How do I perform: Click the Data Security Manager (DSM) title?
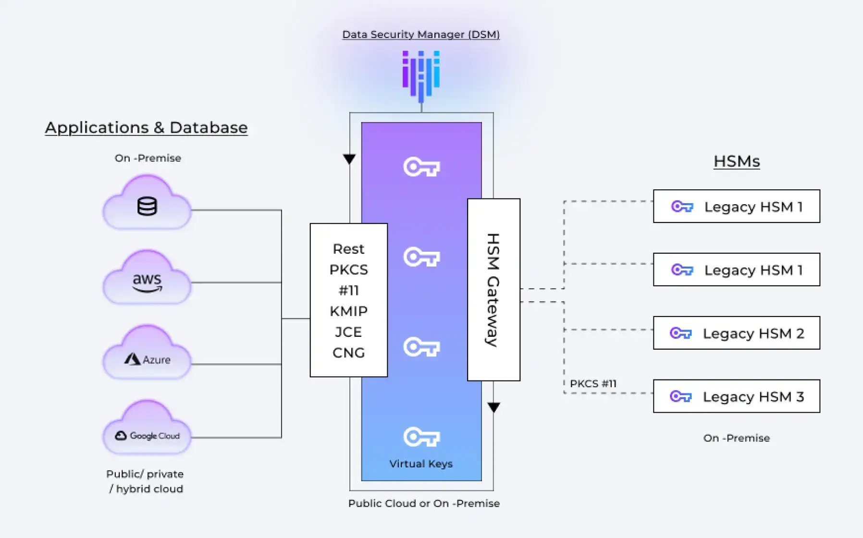421,35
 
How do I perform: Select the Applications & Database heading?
146,128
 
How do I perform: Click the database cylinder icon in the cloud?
147,207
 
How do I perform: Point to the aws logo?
147,282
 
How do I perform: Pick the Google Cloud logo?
147,436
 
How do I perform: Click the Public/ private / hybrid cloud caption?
145,481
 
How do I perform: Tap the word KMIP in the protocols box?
348,311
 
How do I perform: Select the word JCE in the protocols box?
348,332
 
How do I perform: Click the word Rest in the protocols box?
348,249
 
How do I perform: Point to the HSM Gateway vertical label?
493,290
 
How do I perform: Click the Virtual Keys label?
421,464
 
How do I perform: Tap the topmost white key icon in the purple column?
421,167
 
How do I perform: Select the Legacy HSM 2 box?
736,333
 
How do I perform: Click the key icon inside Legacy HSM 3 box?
681,397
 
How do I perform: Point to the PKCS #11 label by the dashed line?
593,384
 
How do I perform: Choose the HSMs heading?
737,161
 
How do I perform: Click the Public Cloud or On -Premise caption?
424,503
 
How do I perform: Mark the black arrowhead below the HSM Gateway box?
494,407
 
